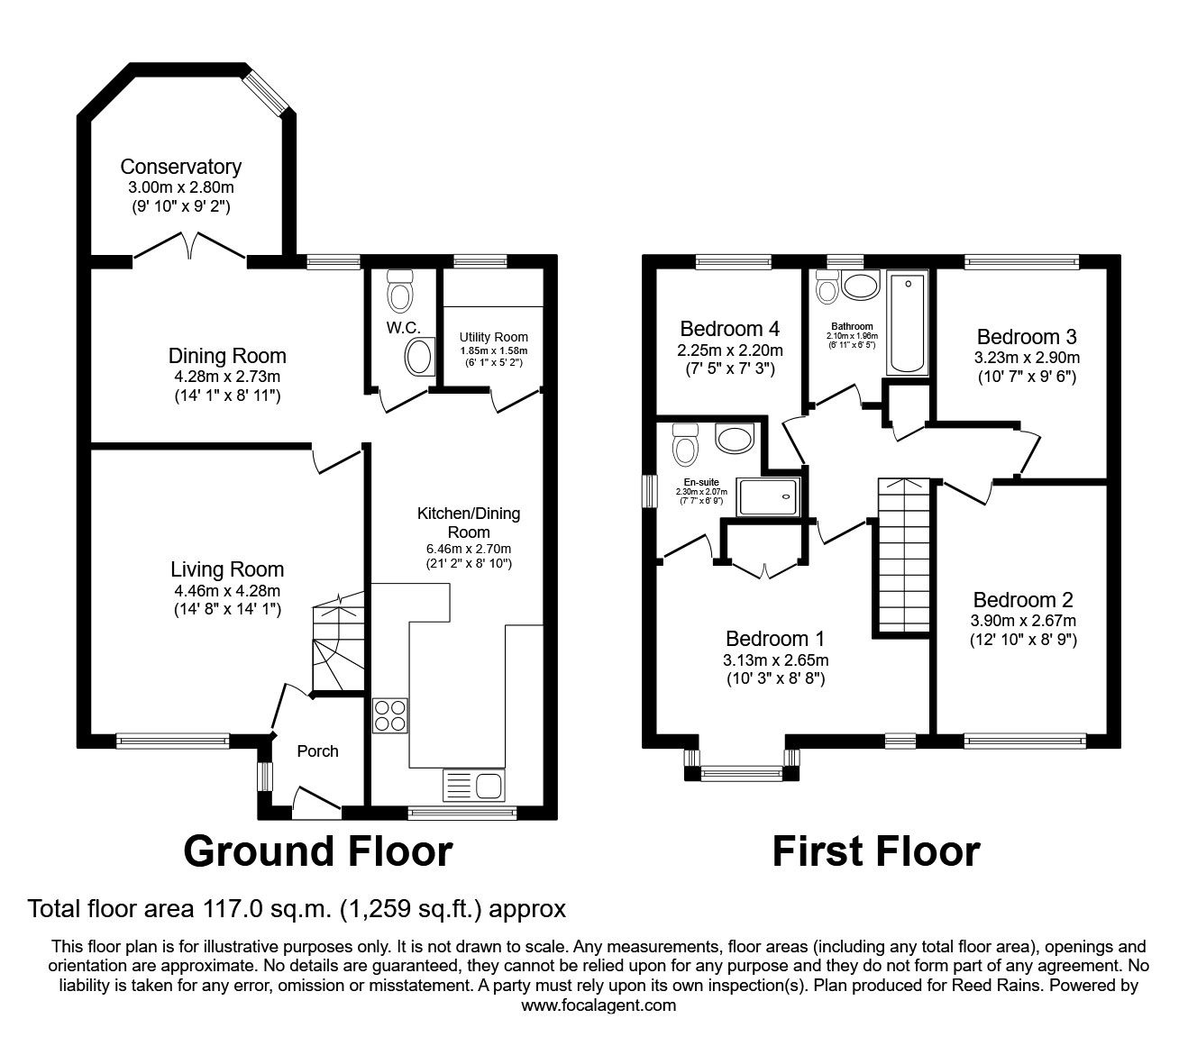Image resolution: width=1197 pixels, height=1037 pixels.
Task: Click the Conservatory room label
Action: tap(180, 167)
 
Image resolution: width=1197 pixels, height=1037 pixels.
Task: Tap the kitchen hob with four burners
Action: tap(390, 715)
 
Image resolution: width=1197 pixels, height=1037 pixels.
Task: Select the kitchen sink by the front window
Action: tap(473, 785)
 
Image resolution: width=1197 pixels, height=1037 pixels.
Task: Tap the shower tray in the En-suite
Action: tap(769, 496)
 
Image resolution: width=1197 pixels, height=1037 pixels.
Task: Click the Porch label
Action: tap(317, 750)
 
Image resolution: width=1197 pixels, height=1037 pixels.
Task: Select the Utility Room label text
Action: tap(493, 337)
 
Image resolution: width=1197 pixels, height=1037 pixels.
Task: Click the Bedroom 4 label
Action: tap(730, 328)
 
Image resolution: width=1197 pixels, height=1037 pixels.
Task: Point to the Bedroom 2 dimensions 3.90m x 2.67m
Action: tap(1023, 621)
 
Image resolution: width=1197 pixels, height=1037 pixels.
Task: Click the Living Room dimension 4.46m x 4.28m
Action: tap(227, 591)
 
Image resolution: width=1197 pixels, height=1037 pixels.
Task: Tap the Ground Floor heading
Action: tap(317, 851)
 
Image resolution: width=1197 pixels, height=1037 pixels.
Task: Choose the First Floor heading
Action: tap(875, 851)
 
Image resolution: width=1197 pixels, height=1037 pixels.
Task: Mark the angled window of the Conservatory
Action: tap(267, 89)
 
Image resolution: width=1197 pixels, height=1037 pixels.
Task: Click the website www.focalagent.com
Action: tap(598, 1005)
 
